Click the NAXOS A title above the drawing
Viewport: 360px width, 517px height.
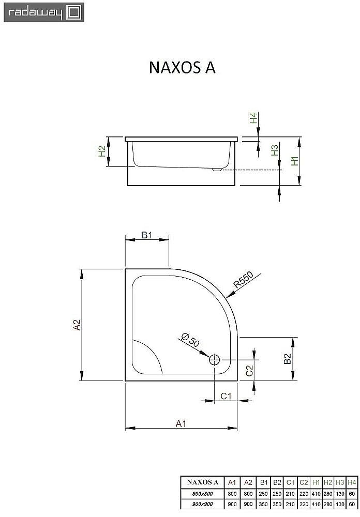182,69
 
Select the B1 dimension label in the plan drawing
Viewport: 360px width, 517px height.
147,236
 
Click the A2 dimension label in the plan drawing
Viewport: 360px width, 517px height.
77,325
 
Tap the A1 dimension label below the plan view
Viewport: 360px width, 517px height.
181,423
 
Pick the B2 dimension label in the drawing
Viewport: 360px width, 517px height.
288,359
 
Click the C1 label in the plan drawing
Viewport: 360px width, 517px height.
226,396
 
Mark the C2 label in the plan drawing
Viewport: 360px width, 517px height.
249,370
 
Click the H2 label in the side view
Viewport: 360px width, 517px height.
102,151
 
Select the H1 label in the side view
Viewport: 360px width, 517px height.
294,161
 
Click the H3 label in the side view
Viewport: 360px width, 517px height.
275,150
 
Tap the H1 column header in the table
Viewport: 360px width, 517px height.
316,482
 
